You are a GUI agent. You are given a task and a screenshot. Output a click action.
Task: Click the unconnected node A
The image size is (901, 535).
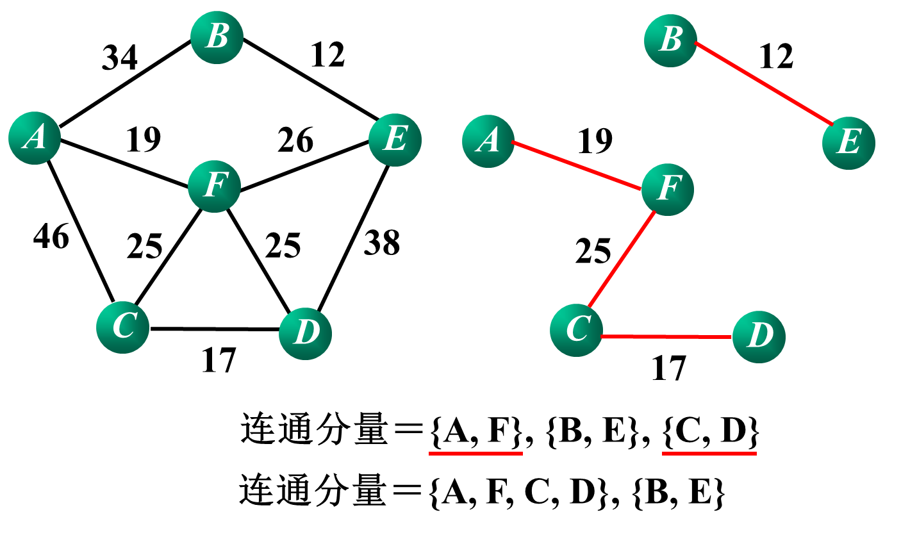point(35,138)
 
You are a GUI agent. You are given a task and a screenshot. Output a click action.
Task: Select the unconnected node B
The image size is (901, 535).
point(217,37)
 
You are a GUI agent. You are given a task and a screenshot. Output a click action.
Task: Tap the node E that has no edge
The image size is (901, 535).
point(395,140)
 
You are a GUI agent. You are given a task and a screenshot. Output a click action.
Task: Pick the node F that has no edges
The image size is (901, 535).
point(214,186)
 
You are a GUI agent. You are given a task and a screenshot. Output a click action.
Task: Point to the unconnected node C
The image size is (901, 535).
point(122,327)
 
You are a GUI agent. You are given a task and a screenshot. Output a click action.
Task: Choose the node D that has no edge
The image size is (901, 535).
point(305,333)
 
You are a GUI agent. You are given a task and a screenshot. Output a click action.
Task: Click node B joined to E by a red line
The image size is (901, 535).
point(670,40)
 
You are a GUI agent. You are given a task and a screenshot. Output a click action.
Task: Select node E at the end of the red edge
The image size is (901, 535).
point(848,143)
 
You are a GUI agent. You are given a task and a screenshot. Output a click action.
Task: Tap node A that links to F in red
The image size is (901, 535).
point(488,141)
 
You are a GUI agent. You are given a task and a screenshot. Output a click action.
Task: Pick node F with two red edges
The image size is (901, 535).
point(668,190)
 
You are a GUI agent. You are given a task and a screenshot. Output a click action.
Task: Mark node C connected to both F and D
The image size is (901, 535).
point(576,330)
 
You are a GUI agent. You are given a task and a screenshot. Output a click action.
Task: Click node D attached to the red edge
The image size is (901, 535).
point(759,336)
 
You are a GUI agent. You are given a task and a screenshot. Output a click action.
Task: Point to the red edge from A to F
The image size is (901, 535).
point(577,165)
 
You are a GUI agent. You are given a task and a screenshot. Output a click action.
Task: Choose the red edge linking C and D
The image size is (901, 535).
point(666,336)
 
